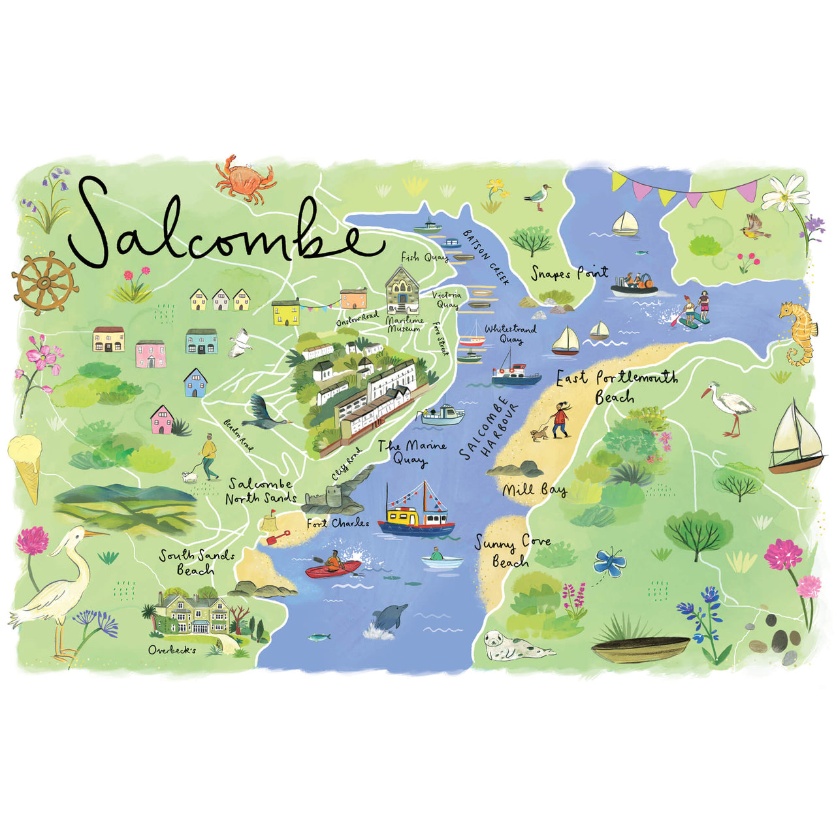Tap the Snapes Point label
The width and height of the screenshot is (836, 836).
pyautogui.click(x=569, y=272)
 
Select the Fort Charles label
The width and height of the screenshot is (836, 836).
pyautogui.click(x=338, y=522)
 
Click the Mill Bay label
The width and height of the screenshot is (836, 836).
pyautogui.click(x=534, y=490)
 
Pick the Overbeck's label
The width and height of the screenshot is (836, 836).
pyautogui.click(x=172, y=650)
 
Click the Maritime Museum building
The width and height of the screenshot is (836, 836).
pyautogui.click(x=402, y=291)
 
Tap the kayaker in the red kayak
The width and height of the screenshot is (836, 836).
pyautogui.click(x=333, y=562)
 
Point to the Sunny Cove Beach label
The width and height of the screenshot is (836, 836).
pyautogui.click(x=513, y=552)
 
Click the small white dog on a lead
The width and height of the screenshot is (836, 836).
pyautogui.click(x=189, y=477)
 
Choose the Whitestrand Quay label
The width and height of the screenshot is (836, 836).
pyautogui.click(x=510, y=334)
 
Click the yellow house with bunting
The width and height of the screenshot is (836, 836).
pyautogui.click(x=285, y=312)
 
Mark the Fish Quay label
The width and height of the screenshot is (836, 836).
pyautogui.click(x=424, y=257)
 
